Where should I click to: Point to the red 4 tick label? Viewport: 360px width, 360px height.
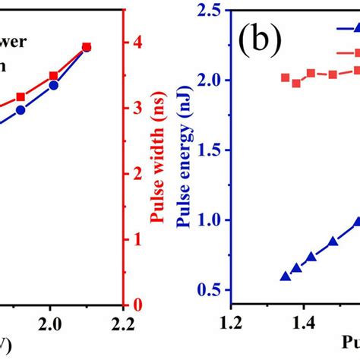pyautogui.click(x=139, y=43)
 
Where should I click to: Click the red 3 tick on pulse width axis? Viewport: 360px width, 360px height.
pyautogui.click(x=139, y=108)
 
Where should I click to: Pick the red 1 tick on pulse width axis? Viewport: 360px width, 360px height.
pyautogui.click(x=139, y=239)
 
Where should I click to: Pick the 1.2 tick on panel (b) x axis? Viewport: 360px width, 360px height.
pyautogui.click(x=231, y=325)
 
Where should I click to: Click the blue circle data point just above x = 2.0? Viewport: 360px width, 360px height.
pyautogui.click(x=54, y=85)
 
